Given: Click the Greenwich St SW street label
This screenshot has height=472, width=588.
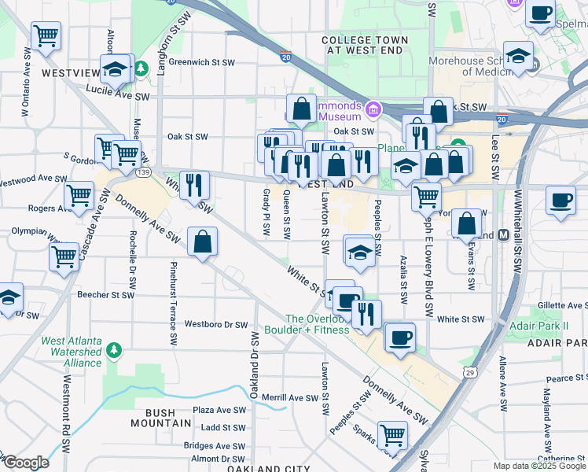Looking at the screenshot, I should (x=202, y=61).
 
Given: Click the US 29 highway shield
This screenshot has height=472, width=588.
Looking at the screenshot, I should (x=469, y=371).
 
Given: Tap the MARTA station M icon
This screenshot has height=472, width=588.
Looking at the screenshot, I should (x=503, y=235).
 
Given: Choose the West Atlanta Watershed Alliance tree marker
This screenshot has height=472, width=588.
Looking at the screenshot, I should (x=115, y=348).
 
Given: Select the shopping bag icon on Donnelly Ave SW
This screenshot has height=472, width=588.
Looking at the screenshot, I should (x=203, y=242).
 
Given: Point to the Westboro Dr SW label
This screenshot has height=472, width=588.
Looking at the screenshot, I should (x=216, y=324).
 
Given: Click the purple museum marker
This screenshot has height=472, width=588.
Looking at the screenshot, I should (x=373, y=108).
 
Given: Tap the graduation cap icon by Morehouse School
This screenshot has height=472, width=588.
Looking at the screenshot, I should (x=519, y=57).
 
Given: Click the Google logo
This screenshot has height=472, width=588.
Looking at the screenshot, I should (x=25, y=463).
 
